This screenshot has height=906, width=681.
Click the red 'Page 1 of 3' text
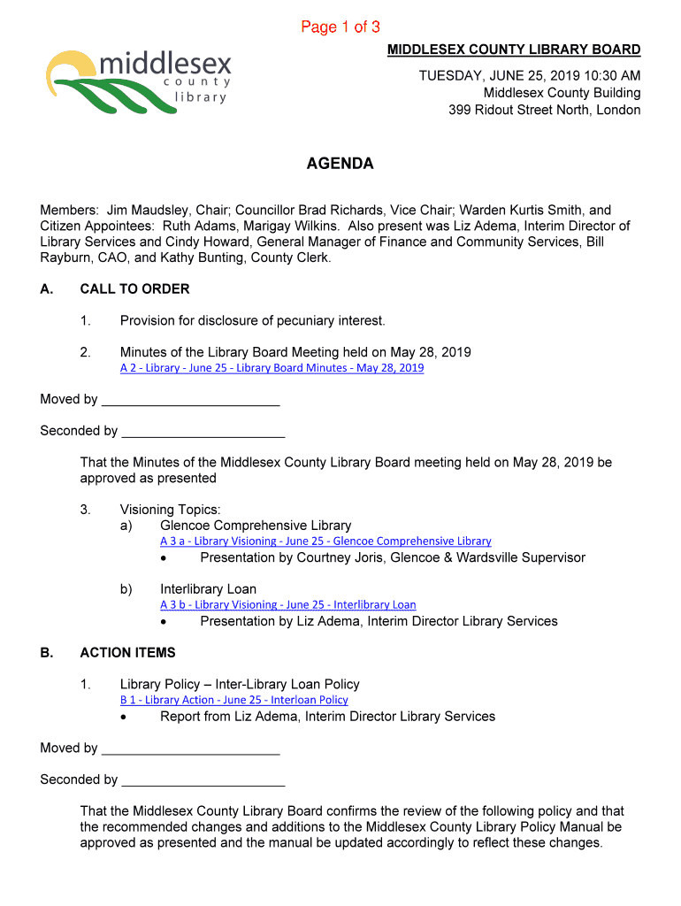coord(340,27)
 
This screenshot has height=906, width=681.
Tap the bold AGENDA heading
coord(340,164)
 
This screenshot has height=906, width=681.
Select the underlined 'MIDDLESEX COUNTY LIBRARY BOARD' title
coord(514,50)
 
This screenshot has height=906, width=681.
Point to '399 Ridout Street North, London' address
coord(544,110)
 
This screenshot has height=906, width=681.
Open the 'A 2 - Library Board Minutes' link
coord(272,368)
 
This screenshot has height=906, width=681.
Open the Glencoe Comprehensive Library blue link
coord(325,541)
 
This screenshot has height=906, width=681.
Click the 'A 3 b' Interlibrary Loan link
coord(287,604)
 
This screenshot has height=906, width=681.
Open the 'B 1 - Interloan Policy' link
coord(233,700)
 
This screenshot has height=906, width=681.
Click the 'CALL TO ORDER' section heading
coord(134,288)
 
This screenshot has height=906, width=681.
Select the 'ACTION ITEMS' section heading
coord(127,653)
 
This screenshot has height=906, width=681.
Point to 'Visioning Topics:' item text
coord(171,510)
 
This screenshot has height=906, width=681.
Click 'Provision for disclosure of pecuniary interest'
coord(253,320)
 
